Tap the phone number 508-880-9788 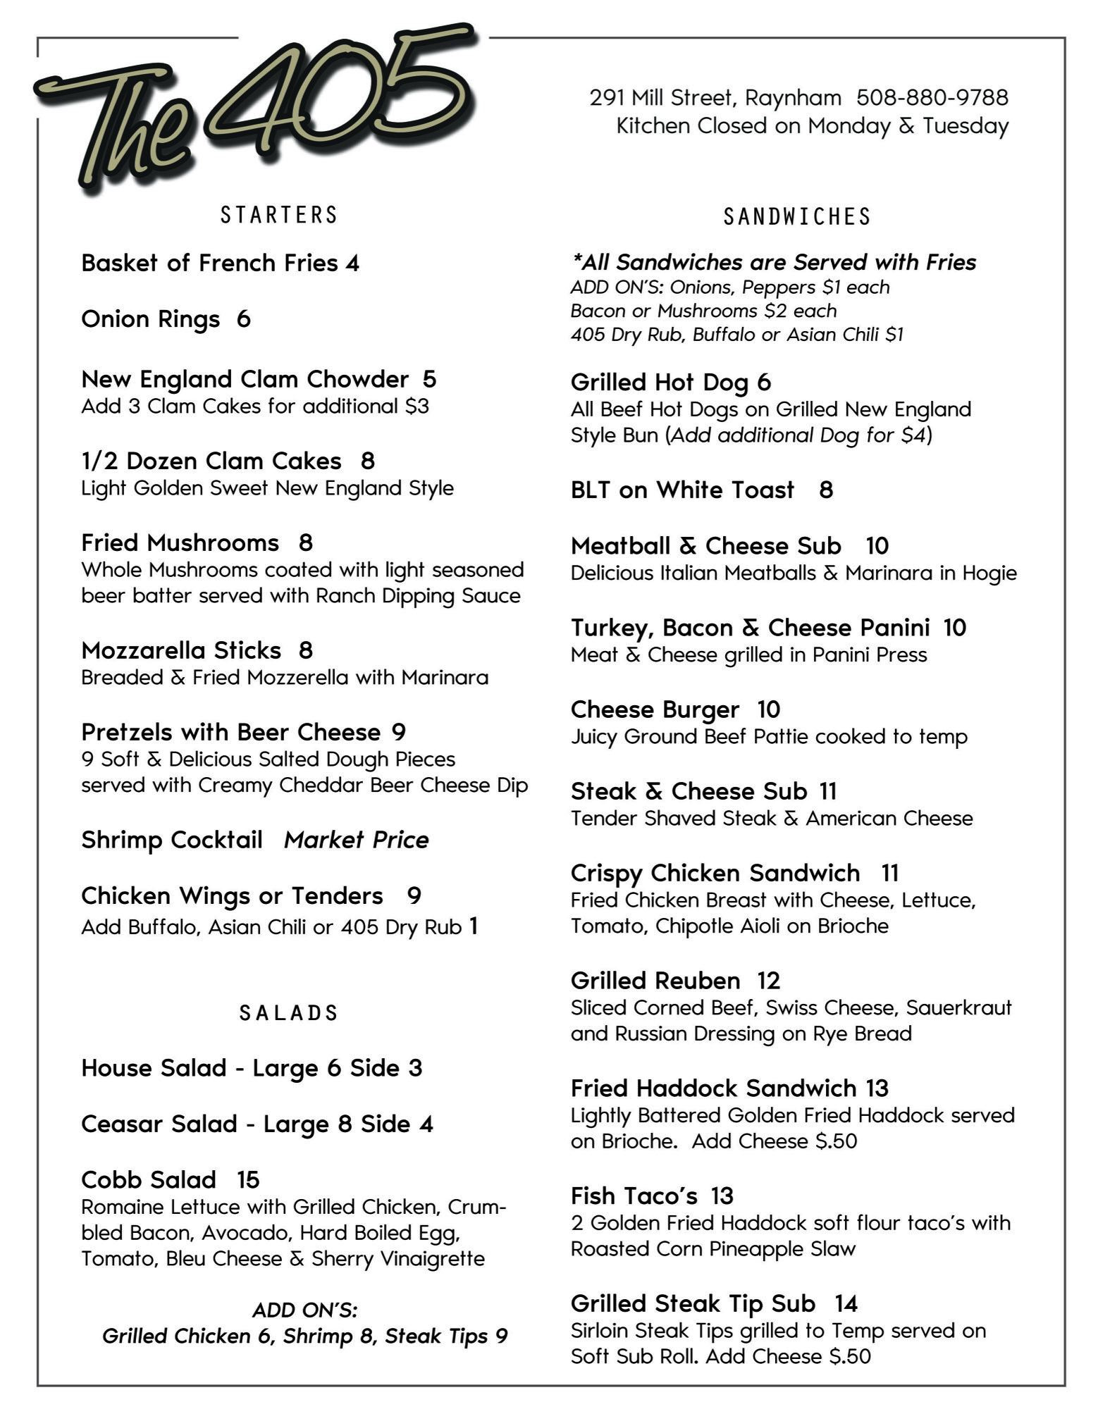pos(932,97)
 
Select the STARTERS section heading pos(279,215)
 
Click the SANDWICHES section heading pos(797,216)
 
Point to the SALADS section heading pos(289,1013)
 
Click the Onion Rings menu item pos(151,319)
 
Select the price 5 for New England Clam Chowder pos(429,380)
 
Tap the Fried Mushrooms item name pos(180,543)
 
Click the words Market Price pos(356,840)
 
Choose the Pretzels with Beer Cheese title pos(231,733)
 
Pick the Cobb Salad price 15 pos(248,1180)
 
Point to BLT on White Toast pos(682,490)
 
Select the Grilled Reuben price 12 pos(769,981)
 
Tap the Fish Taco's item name pos(634,1196)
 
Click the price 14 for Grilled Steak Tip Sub pos(846,1304)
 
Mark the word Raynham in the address pos(793,97)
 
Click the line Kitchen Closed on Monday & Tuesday pos(812,126)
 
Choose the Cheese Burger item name pos(655,709)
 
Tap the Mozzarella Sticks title pos(181,650)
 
